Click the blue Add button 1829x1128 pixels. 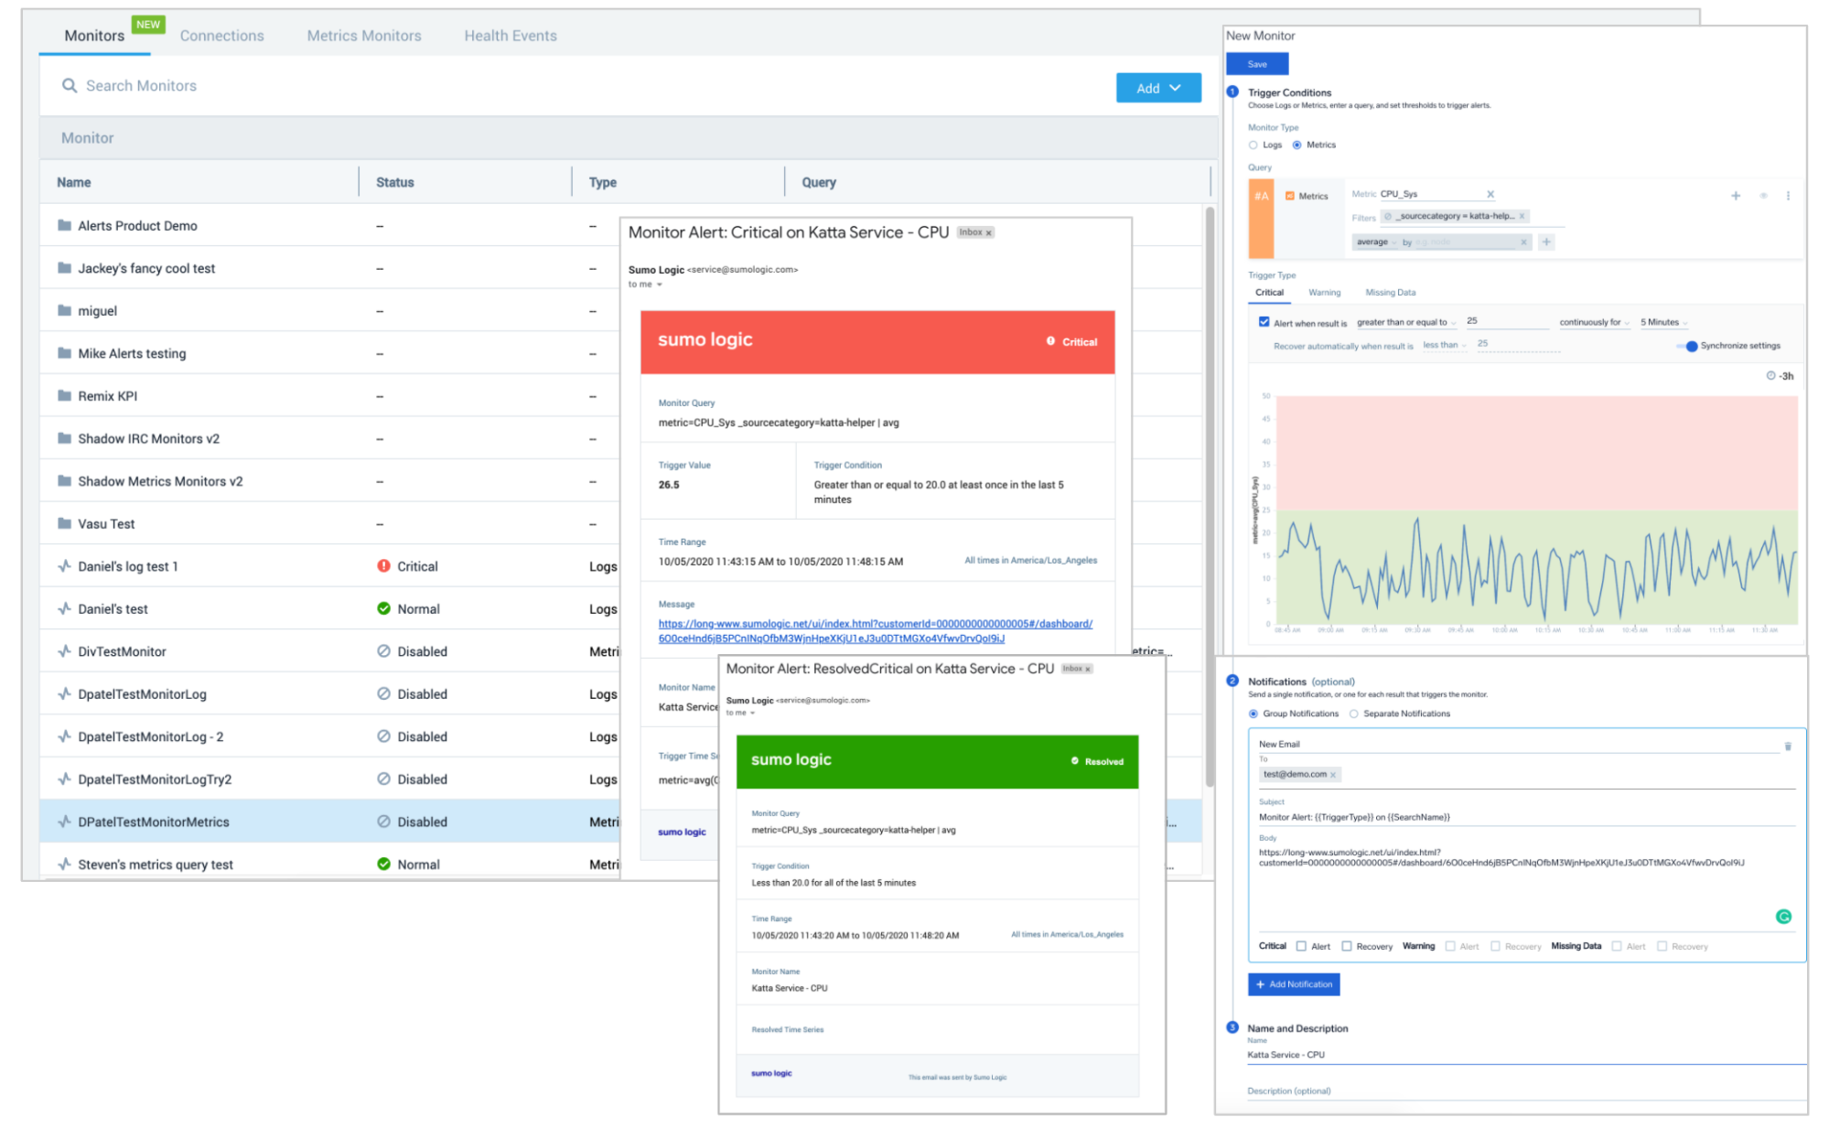pyautogui.click(x=1157, y=88)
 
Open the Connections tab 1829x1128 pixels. pyautogui.click(x=221, y=36)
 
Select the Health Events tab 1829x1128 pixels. pyautogui.click(x=510, y=36)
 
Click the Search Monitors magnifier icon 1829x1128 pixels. pyautogui.click(x=70, y=86)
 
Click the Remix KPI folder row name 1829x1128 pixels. pyautogui.click(x=107, y=396)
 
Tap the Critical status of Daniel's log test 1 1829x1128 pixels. pyautogui.click(x=416, y=566)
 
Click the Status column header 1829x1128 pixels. pyautogui.click(x=394, y=182)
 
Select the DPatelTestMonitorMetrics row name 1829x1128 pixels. pyautogui.click(x=153, y=822)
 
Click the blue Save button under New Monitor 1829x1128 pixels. pyautogui.click(x=1256, y=64)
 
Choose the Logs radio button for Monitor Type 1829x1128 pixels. pyautogui.click(x=1253, y=145)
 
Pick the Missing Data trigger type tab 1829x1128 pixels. pyautogui.click(x=1390, y=293)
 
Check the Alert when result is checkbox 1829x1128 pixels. pyautogui.click(x=1264, y=322)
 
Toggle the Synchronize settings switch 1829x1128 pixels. pyautogui.click(x=1689, y=346)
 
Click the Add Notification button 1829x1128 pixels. pyautogui.click(x=1294, y=984)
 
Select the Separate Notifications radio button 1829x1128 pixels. pyautogui.click(x=1353, y=714)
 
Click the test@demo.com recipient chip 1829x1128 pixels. pyautogui.click(x=1295, y=774)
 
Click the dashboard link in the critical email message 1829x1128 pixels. pyautogui.click(x=875, y=630)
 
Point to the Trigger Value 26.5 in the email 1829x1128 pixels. pyautogui.click(x=669, y=485)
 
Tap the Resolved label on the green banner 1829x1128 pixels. pyautogui.click(x=1103, y=761)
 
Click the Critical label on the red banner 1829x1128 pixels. pyautogui.click(x=1079, y=342)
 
